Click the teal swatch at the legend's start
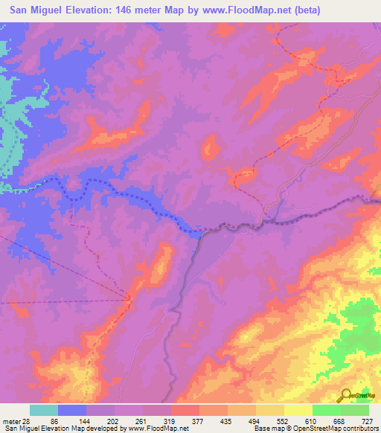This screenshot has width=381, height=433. click(44, 410)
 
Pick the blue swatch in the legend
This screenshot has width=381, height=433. click(72, 410)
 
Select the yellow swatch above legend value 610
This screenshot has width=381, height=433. click(298, 410)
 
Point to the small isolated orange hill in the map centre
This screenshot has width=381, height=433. click(211, 147)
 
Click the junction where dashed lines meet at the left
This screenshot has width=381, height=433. click(129, 299)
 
